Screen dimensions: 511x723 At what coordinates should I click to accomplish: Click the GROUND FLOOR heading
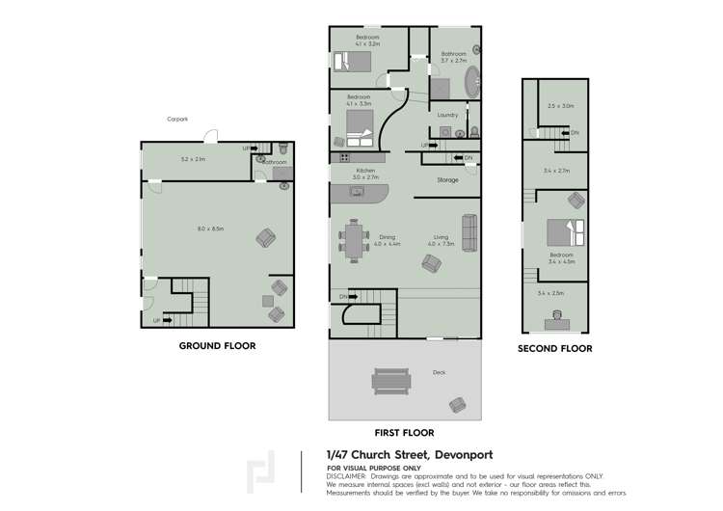218,344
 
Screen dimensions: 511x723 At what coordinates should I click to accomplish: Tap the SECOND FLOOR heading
554,348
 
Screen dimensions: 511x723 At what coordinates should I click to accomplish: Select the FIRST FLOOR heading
403,433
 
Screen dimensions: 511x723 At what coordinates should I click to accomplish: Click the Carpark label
174,121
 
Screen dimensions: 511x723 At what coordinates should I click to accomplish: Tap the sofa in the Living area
469,232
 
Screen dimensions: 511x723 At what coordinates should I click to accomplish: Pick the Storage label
446,179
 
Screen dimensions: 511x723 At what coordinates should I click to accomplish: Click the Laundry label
447,116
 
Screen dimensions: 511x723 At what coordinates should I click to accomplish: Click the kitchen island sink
358,192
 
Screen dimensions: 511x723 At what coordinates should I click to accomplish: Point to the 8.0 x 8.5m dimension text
210,229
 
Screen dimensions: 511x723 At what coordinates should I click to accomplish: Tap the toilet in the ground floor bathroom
283,148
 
